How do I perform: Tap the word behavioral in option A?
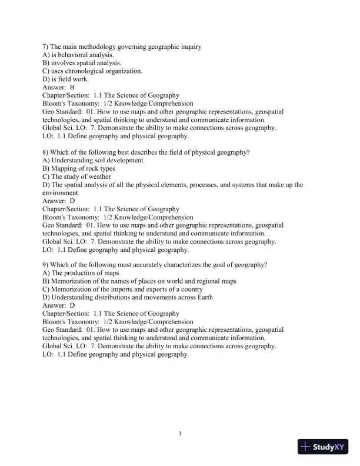75,55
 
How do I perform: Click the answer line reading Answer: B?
58,87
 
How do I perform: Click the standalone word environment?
60,192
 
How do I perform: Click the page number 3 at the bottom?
180,434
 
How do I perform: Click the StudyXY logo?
324,447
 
